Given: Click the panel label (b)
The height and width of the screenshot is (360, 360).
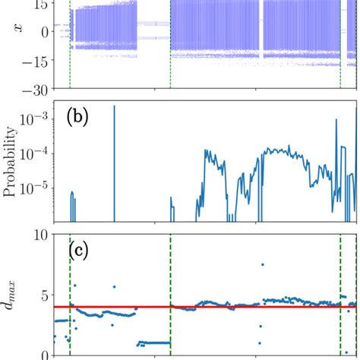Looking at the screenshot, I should click(81, 118).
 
